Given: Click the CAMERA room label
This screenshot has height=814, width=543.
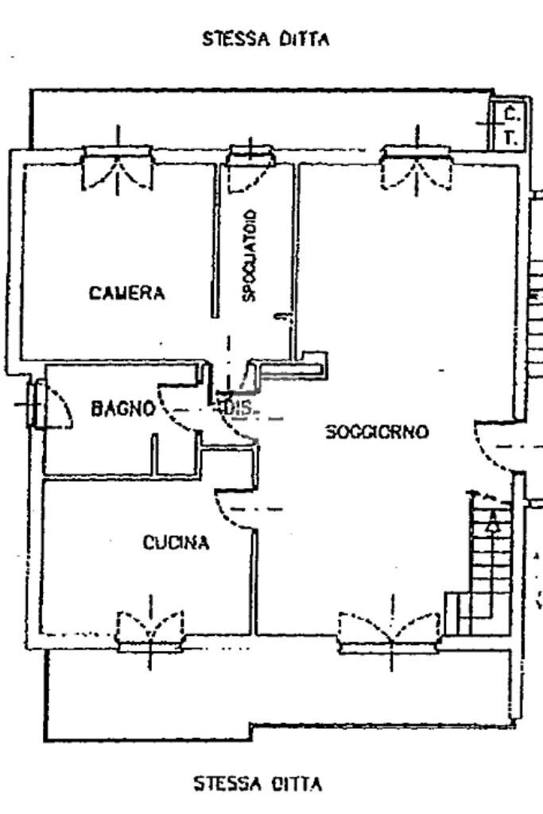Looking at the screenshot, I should tap(127, 293).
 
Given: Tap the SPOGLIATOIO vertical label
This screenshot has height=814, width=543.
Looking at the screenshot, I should tap(249, 255).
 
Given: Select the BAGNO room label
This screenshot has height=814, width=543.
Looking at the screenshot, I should tap(122, 409).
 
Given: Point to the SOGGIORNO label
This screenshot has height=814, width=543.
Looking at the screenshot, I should tap(377, 432).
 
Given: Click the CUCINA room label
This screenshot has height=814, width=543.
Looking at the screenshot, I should tap(176, 543).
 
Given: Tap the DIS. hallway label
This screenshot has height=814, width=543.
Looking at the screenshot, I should tap(238, 409).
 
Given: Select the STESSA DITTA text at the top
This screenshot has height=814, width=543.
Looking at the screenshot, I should tap(266, 39).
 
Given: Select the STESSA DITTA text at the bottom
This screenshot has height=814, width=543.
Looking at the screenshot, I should tap(258, 785).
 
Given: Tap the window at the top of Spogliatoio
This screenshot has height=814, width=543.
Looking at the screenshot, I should tap(250, 165).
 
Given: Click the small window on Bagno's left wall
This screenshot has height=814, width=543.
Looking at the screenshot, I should tap(36, 405).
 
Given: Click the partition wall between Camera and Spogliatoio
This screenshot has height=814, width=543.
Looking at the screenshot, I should tap(215, 238).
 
